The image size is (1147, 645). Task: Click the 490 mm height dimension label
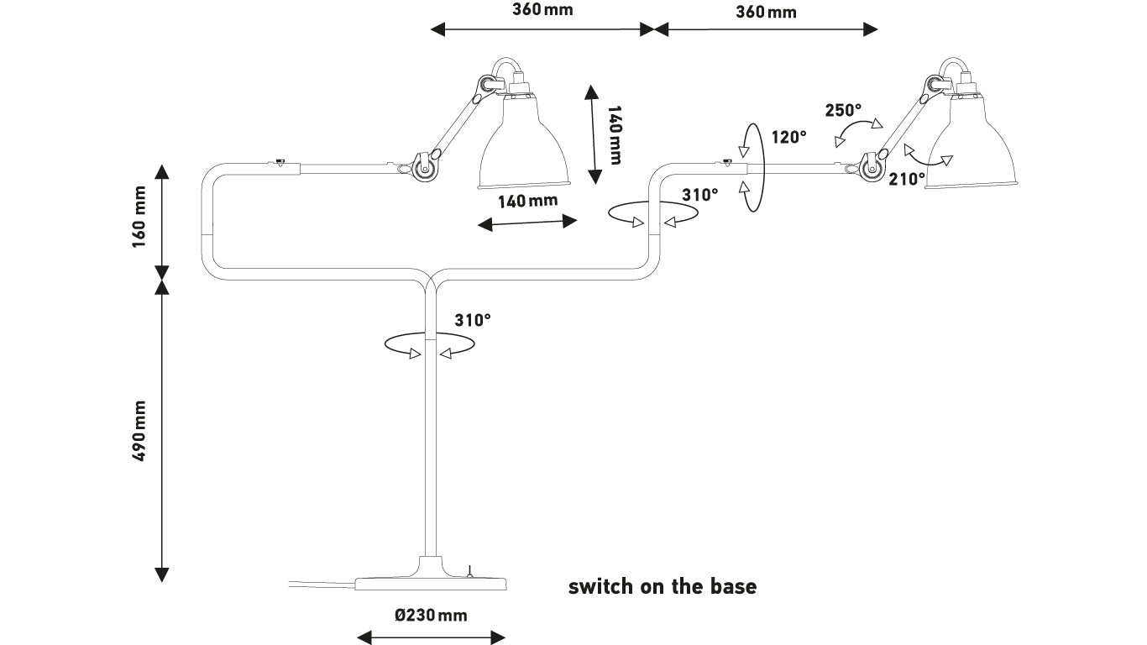139,431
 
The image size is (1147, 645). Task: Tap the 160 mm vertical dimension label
139,217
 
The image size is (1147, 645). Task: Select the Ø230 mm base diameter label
431,615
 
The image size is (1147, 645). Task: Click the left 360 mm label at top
542,10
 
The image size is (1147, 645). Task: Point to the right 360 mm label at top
766,12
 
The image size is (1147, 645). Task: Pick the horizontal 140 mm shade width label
528,201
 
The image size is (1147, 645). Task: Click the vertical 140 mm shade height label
615,135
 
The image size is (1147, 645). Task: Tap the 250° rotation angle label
843,110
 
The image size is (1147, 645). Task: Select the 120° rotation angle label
789,137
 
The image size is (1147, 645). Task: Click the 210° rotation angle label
907,179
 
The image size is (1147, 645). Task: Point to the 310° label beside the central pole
473,320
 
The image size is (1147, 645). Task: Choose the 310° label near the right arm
700,195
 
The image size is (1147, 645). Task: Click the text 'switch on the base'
663,586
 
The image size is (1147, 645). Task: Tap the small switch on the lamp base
469,571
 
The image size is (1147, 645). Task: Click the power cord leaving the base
322,584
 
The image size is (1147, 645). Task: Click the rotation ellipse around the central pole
429,333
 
